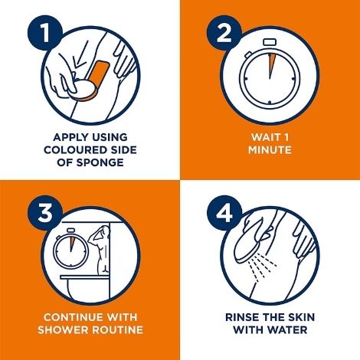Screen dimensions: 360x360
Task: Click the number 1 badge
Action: tap(45, 33)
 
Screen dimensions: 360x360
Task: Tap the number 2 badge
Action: tap(224, 33)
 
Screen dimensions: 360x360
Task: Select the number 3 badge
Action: tap(45, 213)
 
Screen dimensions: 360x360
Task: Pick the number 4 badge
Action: tap(224, 213)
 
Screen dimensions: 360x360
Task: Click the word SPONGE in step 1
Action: tap(100, 162)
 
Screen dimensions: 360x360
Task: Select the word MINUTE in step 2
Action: tap(270, 150)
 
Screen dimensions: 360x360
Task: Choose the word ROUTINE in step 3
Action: tap(117, 330)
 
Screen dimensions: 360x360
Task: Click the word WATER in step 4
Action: tap(288, 330)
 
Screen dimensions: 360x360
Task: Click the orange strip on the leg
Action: tap(97, 80)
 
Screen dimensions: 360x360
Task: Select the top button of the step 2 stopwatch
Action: tap(270, 42)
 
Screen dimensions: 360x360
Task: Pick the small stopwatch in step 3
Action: tap(70, 248)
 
